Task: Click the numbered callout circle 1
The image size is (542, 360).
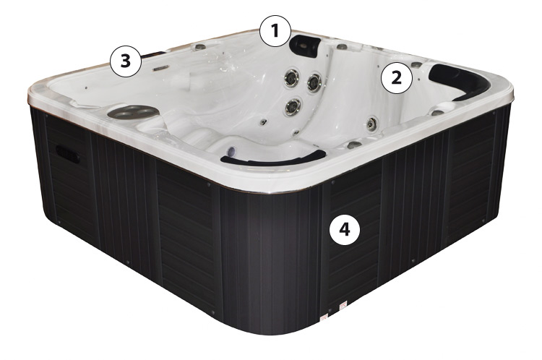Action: pyautogui.click(x=275, y=31)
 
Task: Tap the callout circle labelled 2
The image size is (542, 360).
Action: pyautogui.click(x=397, y=78)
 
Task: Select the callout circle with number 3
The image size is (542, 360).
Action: pyautogui.click(x=126, y=61)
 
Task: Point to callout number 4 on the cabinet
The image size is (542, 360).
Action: pyautogui.click(x=345, y=229)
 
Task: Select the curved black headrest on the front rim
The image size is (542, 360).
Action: pyautogui.click(x=273, y=158)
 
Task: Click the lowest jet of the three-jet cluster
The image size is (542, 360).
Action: pyautogui.click(x=293, y=106)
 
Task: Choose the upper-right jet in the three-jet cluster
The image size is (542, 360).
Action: pyautogui.click(x=314, y=82)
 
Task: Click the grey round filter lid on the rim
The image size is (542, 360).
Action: pyautogui.click(x=133, y=111)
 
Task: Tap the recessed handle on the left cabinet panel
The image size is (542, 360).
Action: pyautogui.click(x=67, y=153)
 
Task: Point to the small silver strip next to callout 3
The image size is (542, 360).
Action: pyautogui.click(x=161, y=68)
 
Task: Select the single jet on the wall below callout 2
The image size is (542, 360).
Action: pyautogui.click(x=371, y=123)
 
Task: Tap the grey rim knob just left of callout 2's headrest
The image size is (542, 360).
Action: pyautogui.click(x=416, y=64)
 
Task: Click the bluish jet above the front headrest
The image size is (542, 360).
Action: pyautogui.click(x=231, y=150)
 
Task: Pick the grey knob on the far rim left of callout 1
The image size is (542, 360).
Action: pyautogui.click(x=199, y=47)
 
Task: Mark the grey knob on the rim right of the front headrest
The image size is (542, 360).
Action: pyautogui.click(x=353, y=145)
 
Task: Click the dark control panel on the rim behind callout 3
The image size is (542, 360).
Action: pyautogui.click(x=153, y=54)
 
